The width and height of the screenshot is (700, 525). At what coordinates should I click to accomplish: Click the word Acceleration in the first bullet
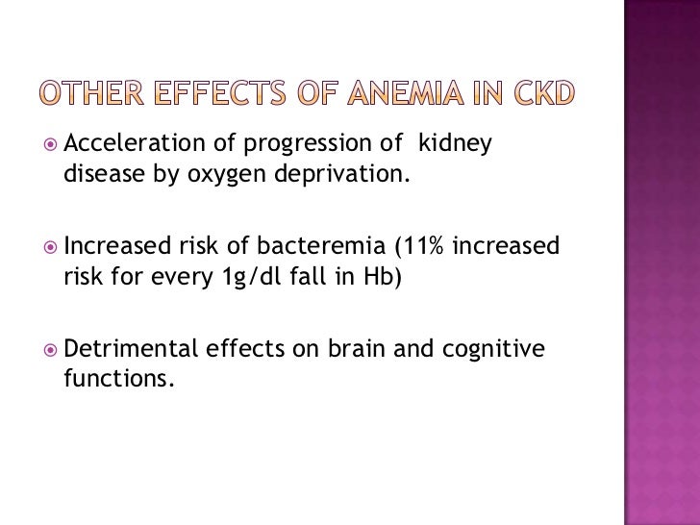[x=123, y=144]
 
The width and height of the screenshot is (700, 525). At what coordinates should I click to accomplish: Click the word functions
[x=115, y=379]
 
